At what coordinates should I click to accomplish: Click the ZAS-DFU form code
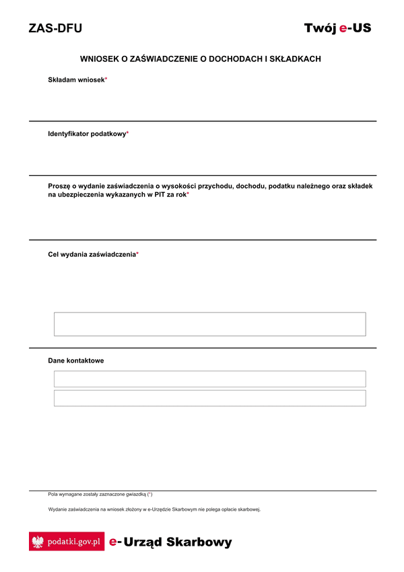pyautogui.click(x=55, y=28)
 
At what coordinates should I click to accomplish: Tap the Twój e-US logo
pyautogui.click(x=337, y=28)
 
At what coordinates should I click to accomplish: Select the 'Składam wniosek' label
pyautogui.click(x=76, y=80)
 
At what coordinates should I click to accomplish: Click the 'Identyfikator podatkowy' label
pyautogui.click(x=87, y=134)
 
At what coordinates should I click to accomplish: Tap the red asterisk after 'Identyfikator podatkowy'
pyautogui.click(x=128, y=133)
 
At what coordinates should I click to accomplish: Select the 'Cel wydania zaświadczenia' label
pyautogui.click(x=92, y=254)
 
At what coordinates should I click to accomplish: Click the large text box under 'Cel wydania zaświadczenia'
pyautogui.click(x=209, y=324)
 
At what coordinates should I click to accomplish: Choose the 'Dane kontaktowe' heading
pyautogui.click(x=76, y=360)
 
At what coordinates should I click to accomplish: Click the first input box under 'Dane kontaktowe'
pyautogui.click(x=209, y=379)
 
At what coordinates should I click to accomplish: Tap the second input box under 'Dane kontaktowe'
pyautogui.click(x=209, y=398)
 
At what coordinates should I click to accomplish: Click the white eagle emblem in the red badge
pyautogui.click(x=38, y=542)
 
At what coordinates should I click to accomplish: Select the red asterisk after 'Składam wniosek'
pyautogui.click(x=106, y=79)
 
